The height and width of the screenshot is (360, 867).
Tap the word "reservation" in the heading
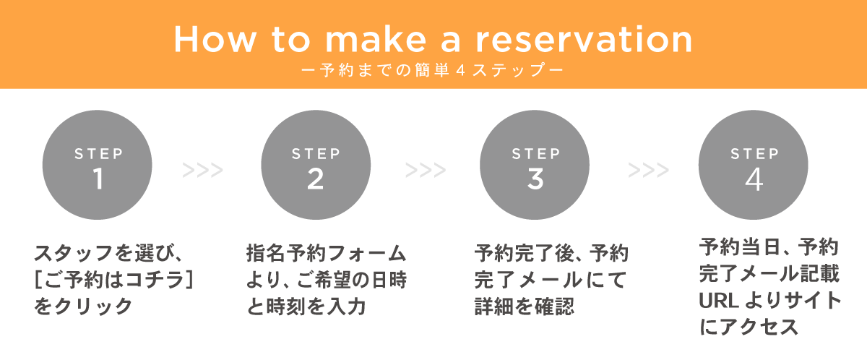tap(584, 39)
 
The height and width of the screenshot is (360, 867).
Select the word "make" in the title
tap(376, 39)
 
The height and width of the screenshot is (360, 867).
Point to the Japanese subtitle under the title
tap(432, 70)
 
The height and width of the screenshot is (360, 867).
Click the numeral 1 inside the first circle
tap(98, 179)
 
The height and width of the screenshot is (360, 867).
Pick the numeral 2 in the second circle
tap(316, 179)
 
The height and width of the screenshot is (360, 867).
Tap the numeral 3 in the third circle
tap(535, 179)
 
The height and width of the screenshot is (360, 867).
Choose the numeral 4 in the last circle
tap(754, 179)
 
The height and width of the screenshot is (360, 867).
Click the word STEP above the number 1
tap(99, 154)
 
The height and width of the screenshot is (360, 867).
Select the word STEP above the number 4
tap(755, 154)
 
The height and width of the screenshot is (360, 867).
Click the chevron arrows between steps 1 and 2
tap(203, 171)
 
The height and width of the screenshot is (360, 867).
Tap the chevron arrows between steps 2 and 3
tap(426, 171)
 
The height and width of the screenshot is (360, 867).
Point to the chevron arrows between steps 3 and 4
tap(649, 171)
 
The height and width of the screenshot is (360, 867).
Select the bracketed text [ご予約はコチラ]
tap(114, 280)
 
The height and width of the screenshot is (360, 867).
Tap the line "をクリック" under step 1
tap(84, 307)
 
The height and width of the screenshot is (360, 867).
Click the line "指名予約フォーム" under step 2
tap(327, 253)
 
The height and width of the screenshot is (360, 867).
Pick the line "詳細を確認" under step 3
tap(525, 307)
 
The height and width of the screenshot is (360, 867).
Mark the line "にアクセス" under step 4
tap(749, 326)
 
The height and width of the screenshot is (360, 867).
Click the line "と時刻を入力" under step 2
tap(306, 307)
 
